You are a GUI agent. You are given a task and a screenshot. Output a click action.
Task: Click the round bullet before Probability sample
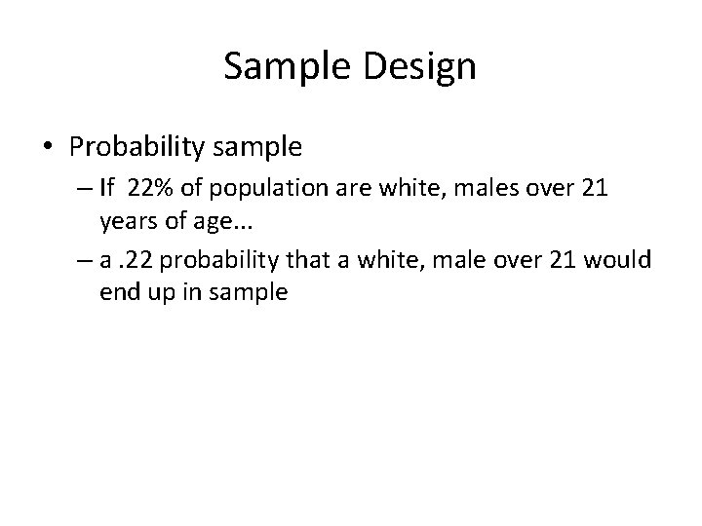[48, 148]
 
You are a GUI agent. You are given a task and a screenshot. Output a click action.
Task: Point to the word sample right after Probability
[255, 148]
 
